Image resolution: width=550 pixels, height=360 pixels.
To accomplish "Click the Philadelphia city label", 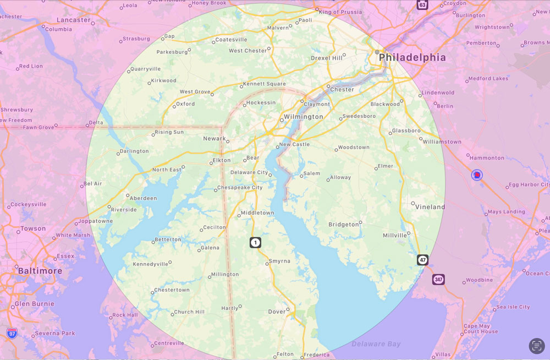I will (x=412, y=57).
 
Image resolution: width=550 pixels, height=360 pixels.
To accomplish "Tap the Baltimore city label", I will (x=40, y=271).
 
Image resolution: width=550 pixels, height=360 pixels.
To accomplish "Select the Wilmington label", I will (x=303, y=117).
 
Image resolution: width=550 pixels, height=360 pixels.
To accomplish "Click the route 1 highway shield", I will (x=255, y=242).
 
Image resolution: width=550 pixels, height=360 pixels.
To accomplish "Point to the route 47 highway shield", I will (x=422, y=260).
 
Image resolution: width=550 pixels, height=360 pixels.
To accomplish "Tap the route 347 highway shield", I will (x=438, y=280).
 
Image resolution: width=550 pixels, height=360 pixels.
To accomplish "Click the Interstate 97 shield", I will (x=12, y=333).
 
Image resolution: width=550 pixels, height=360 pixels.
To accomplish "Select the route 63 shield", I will (x=422, y=5).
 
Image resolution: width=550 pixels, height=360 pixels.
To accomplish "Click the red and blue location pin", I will (x=477, y=175).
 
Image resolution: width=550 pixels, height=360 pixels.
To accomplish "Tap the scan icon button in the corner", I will (x=537, y=346).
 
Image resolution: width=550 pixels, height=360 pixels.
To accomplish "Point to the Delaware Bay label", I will (x=376, y=344).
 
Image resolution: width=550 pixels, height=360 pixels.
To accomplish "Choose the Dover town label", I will (x=277, y=312).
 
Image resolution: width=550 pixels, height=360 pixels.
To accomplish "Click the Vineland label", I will (x=430, y=207).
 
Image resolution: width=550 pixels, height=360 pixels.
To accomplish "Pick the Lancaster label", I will (x=74, y=20).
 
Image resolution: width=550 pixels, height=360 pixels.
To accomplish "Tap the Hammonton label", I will (x=486, y=158).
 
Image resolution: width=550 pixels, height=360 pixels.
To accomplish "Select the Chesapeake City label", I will (x=240, y=188).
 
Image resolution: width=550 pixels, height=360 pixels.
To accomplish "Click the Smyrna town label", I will (x=279, y=261).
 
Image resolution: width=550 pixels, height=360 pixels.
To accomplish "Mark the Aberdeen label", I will (x=143, y=198).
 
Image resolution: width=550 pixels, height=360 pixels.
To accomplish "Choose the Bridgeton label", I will (x=343, y=225).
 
